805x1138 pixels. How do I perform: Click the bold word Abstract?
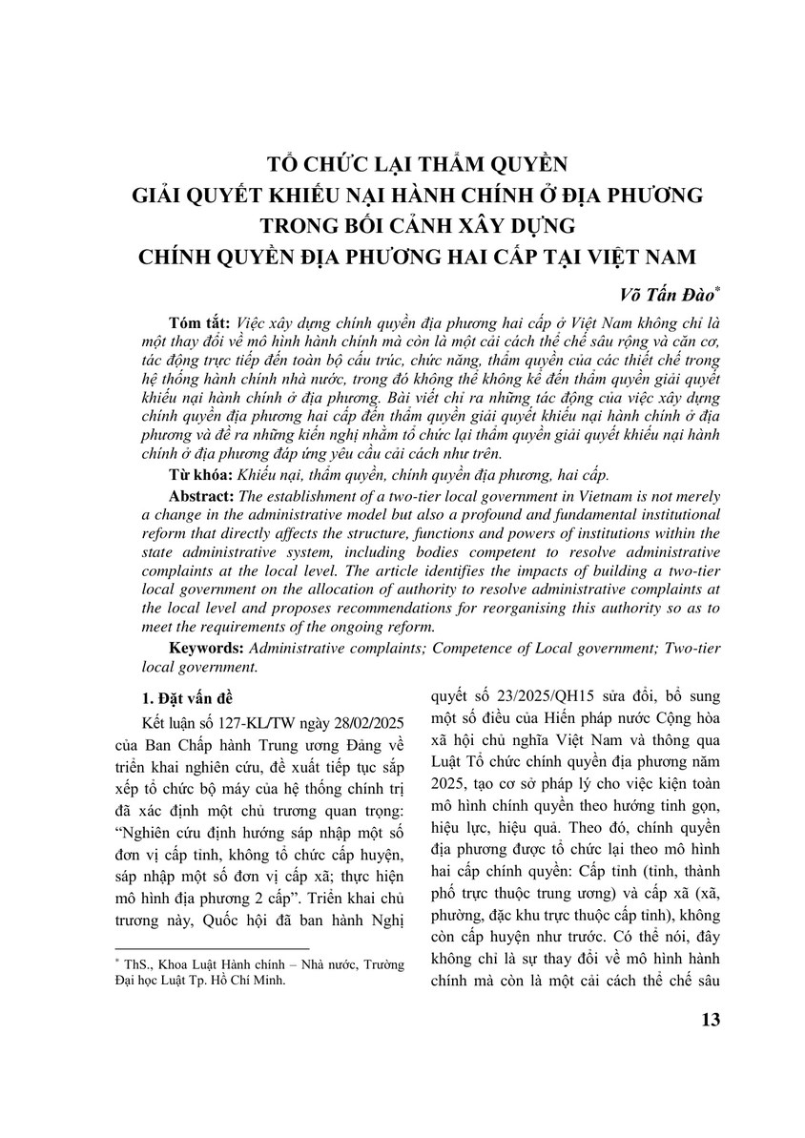pyautogui.click(x=201, y=498)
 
